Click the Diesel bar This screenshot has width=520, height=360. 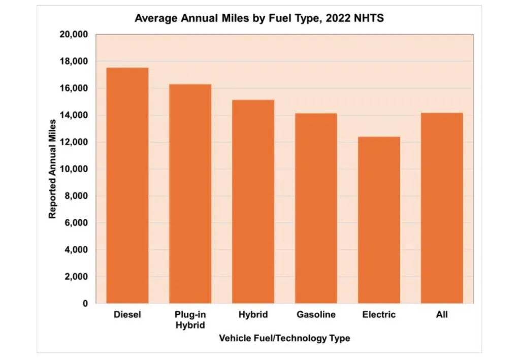[x=127, y=186]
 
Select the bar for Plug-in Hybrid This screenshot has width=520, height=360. [x=190, y=194]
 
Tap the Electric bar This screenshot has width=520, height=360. [x=379, y=220]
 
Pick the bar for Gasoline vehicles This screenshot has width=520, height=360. [x=316, y=208]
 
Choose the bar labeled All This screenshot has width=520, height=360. [x=442, y=208]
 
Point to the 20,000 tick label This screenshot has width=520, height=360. [x=75, y=35]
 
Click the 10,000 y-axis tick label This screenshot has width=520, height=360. [x=75, y=169]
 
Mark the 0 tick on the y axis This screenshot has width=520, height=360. [x=85, y=304]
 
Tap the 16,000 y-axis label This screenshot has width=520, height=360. [x=75, y=88]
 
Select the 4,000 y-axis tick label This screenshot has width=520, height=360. [x=77, y=250]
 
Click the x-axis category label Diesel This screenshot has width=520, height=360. [x=127, y=315]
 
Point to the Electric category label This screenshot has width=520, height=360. [x=379, y=315]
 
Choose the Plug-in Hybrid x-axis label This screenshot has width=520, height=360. [x=190, y=320]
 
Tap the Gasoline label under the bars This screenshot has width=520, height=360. [x=316, y=315]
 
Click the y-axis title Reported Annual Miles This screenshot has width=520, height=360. [x=52, y=169]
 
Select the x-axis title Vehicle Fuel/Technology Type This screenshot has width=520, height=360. [x=284, y=338]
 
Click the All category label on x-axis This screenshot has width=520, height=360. [x=442, y=315]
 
